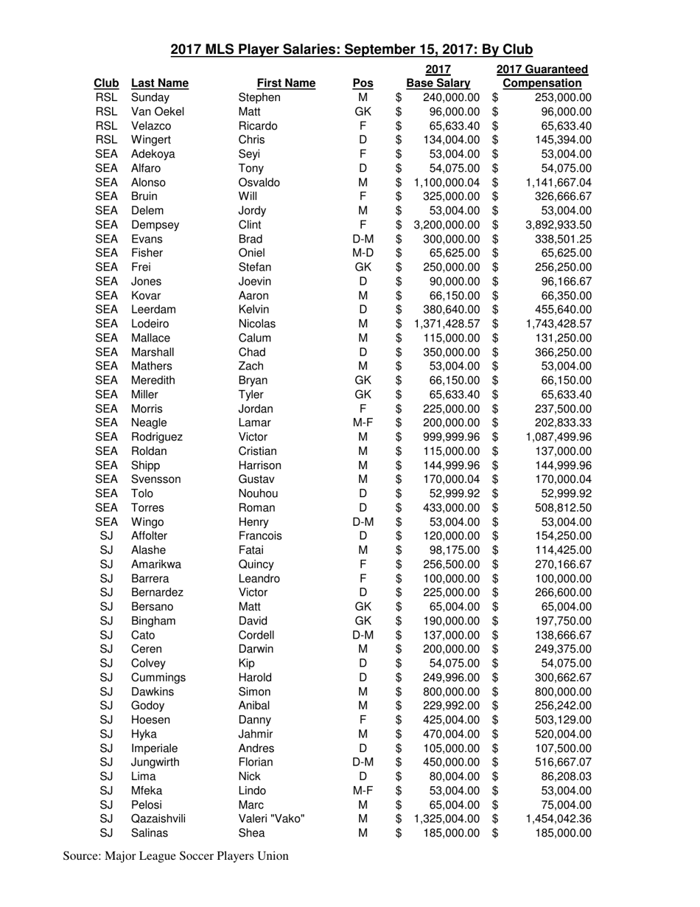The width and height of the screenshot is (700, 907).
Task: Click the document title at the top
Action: tap(351, 49)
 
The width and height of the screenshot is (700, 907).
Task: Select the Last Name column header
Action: tap(159, 83)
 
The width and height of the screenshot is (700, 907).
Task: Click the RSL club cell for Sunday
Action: tap(106, 97)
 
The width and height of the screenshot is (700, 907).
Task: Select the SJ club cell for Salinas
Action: tap(106, 833)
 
